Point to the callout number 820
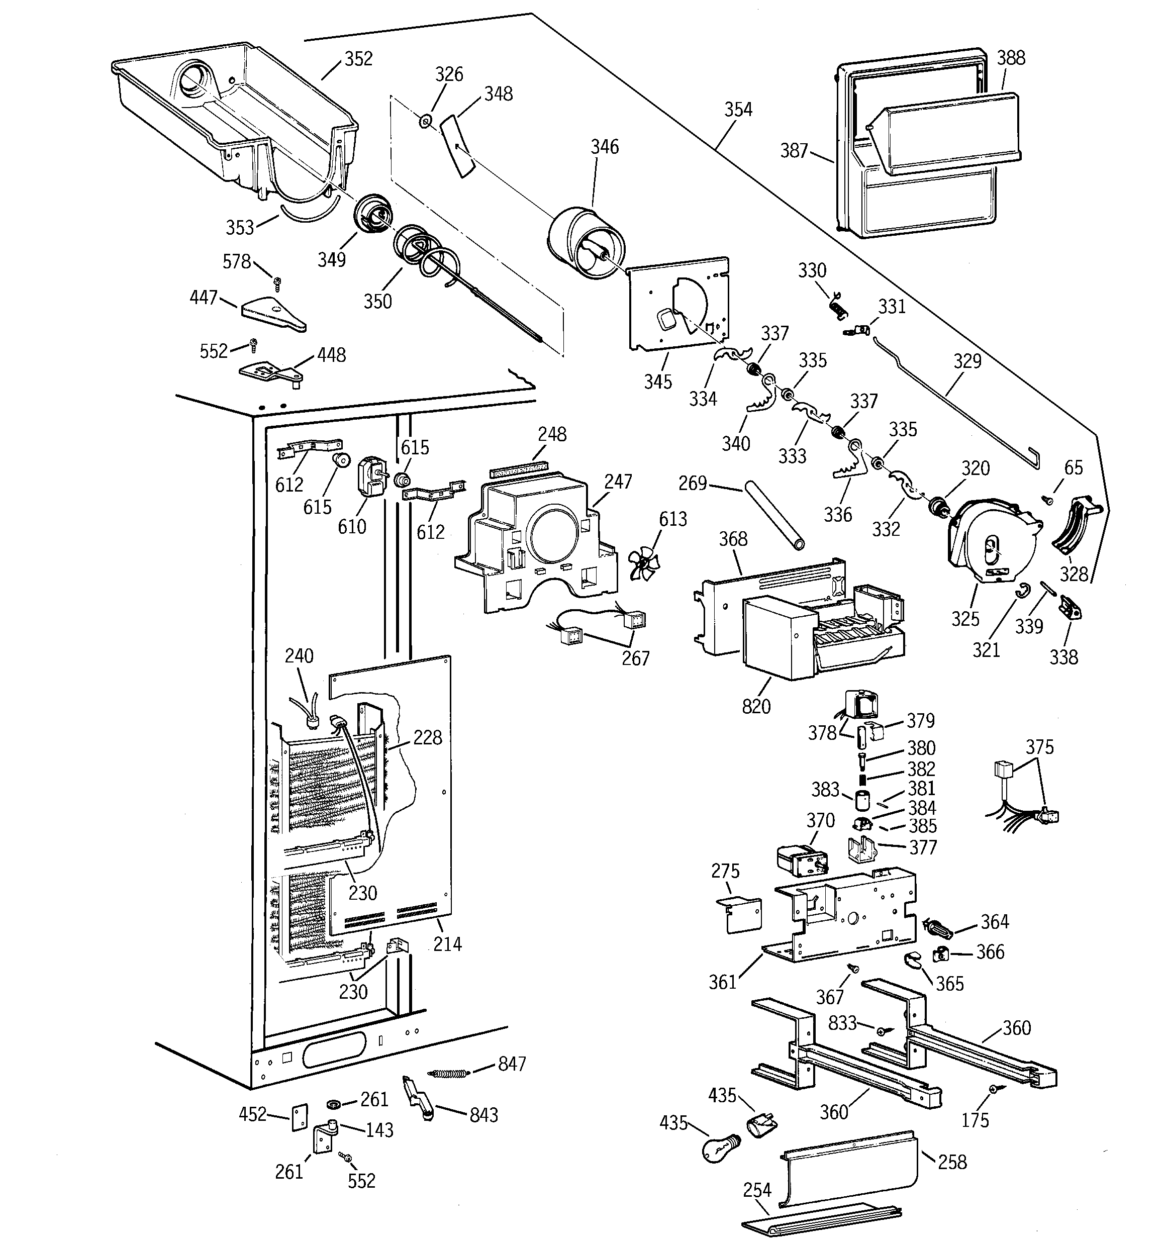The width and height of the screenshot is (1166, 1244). pyautogui.click(x=756, y=707)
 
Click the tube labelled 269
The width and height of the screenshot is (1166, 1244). pyautogui.click(x=773, y=516)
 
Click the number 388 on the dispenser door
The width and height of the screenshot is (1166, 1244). pyautogui.click(x=1010, y=58)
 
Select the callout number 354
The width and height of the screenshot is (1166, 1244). pyautogui.click(x=738, y=110)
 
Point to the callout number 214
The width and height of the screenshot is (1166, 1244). pyautogui.click(x=447, y=943)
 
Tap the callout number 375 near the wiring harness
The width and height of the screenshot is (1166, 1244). pyautogui.click(x=1039, y=747)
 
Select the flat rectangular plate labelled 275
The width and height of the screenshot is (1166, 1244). pyautogui.click(x=739, y=915)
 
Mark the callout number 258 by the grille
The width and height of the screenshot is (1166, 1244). pyautogui.click(x=952, y=1162)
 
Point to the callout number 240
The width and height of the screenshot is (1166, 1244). pyautogui.click(x=299, y=656)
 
